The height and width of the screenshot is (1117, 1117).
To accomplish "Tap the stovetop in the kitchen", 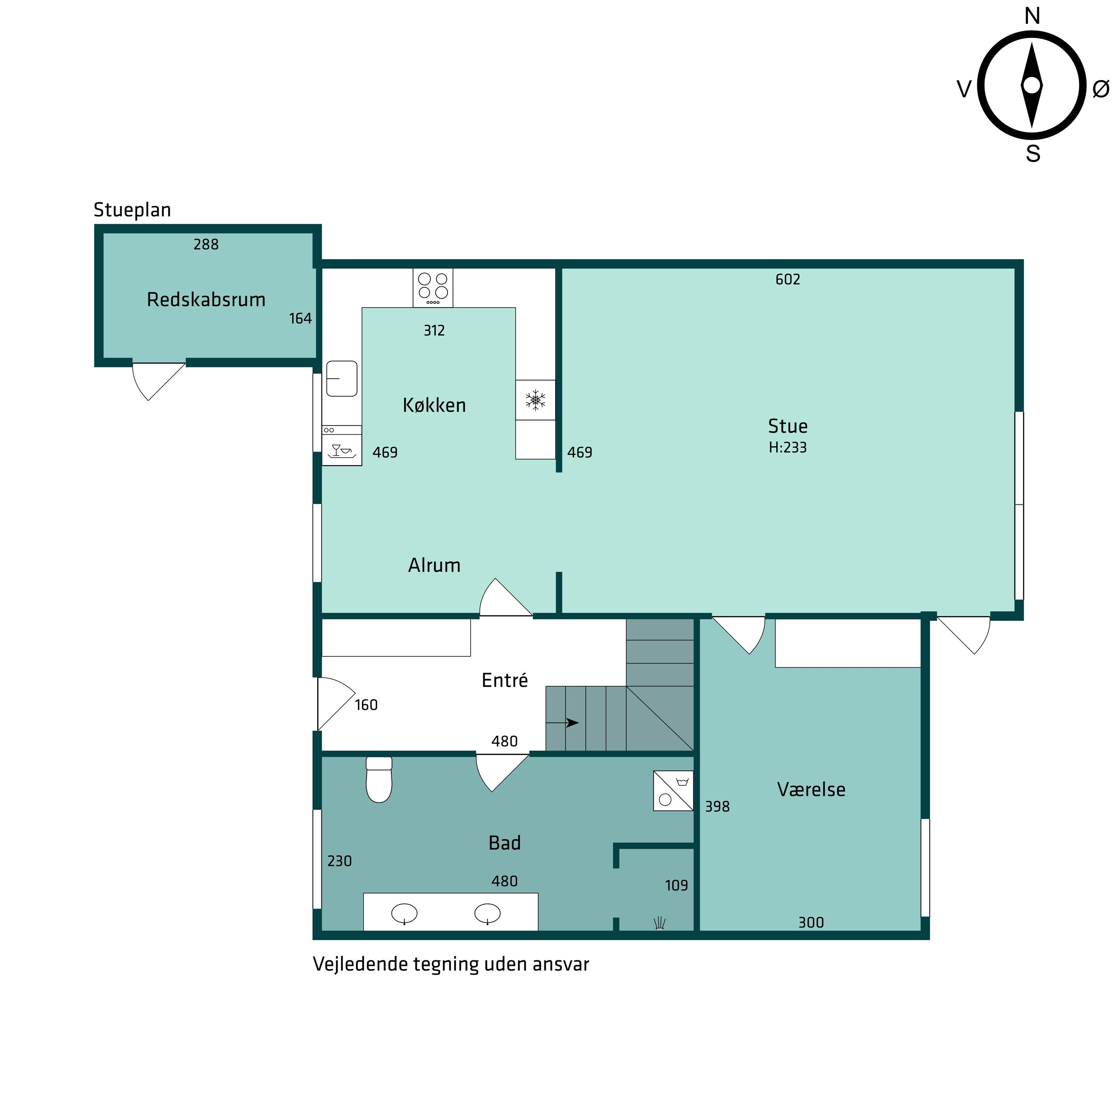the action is [x=433, y=288].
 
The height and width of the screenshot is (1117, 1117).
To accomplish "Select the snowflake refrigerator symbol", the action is [x=535, y=400].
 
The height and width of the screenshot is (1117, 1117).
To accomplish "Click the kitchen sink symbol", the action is [x=342, y=379].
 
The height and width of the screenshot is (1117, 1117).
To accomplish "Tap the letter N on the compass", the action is [x=1032, y=16].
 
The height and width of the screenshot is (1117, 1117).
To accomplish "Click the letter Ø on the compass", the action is [x=1101, y=89].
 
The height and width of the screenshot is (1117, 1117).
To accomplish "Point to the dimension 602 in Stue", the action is [x=787, y=280].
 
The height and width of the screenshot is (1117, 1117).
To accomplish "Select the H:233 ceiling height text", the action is [x=787, y=448].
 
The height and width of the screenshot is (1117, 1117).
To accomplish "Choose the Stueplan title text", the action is [x=133, y=210].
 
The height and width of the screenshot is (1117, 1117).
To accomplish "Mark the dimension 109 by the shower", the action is [x=677, y=886].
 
